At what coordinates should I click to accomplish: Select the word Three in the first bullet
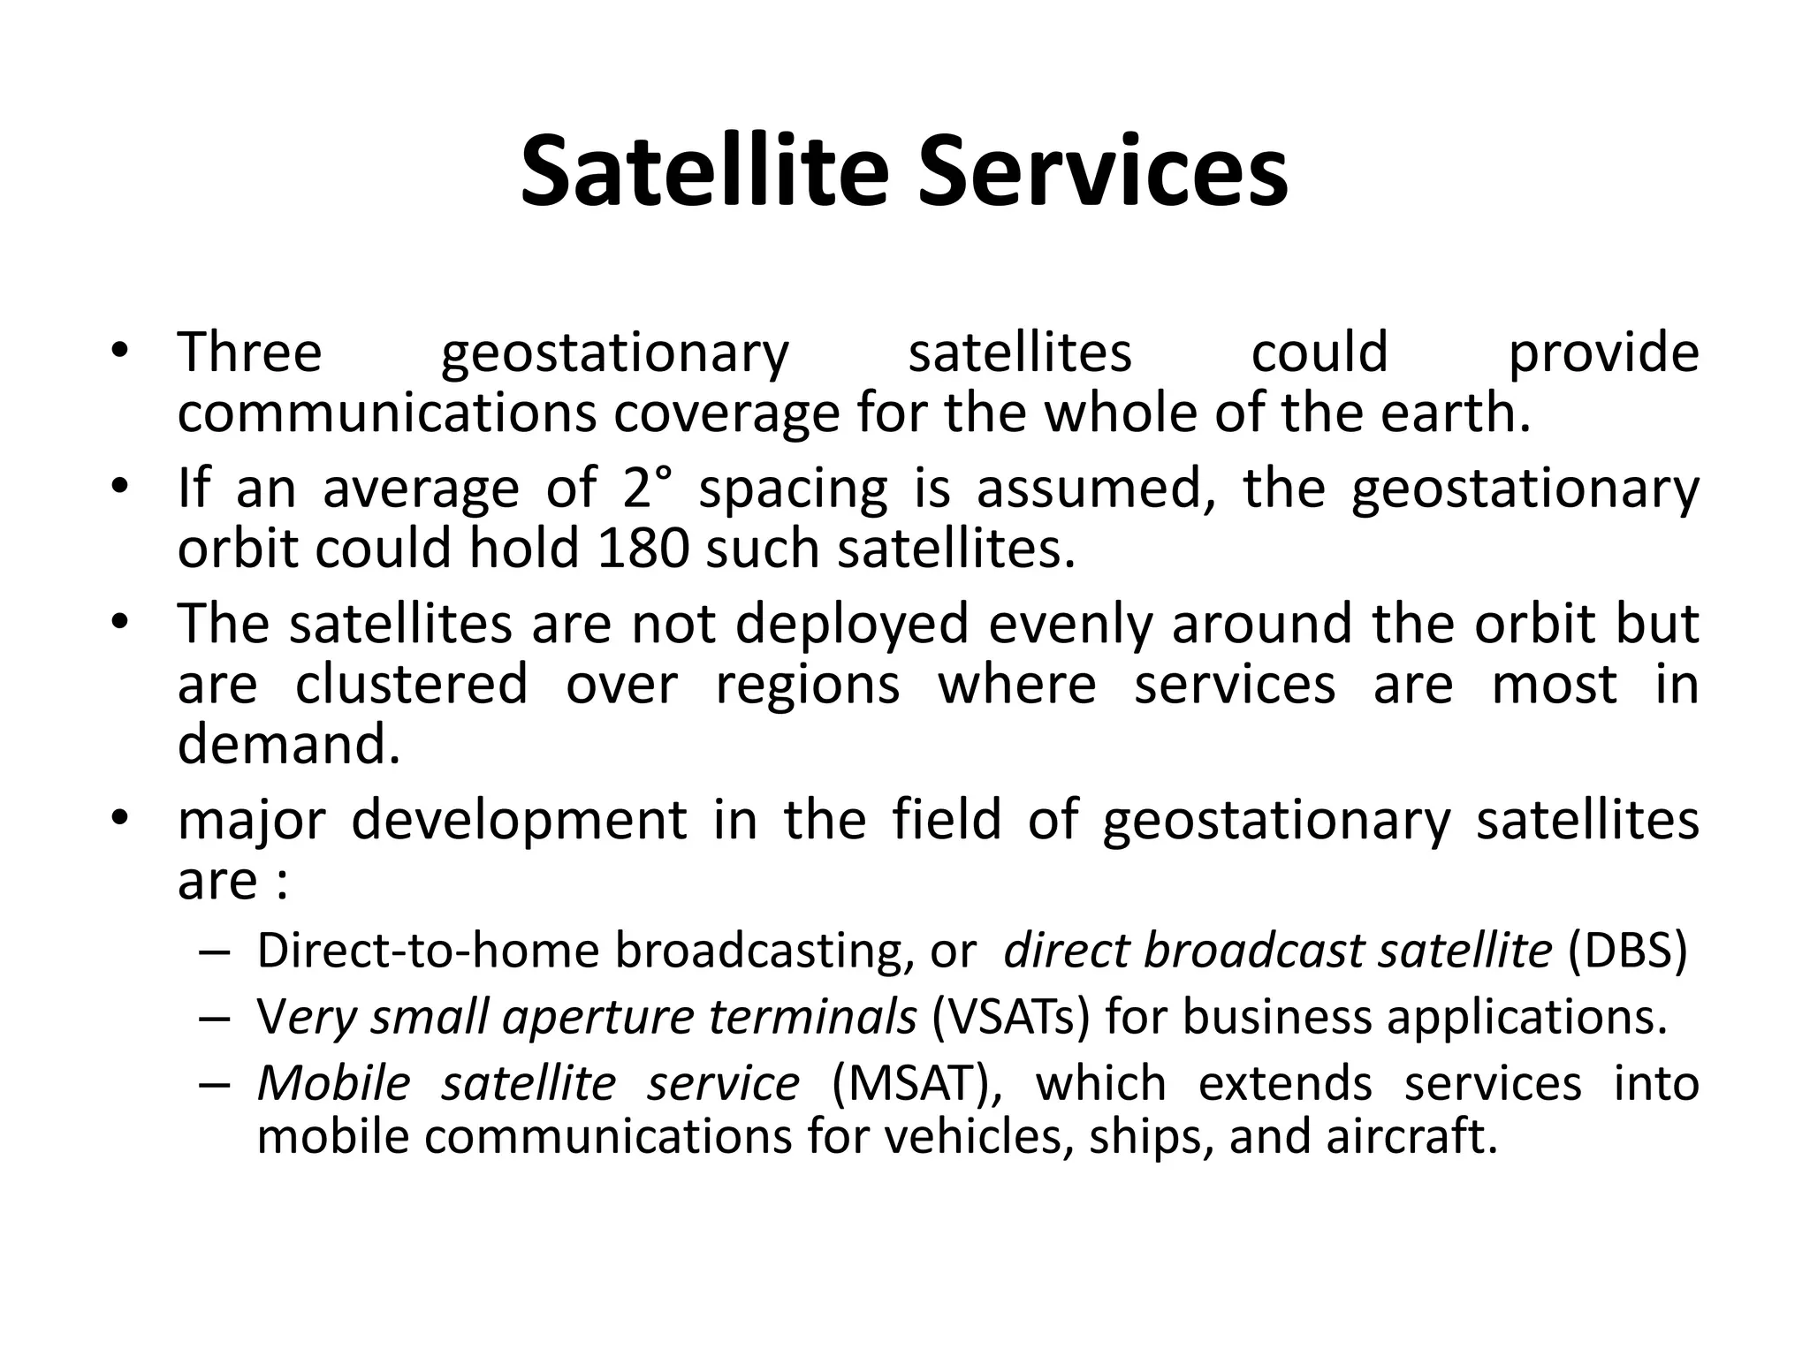250,353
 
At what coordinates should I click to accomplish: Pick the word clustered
411,685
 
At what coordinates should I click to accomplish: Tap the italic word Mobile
334,1084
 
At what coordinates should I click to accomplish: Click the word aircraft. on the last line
1411,1137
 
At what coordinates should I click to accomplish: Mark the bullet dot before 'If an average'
121,487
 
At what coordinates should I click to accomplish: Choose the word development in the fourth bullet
519,820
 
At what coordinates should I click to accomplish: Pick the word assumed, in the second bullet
1095,488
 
